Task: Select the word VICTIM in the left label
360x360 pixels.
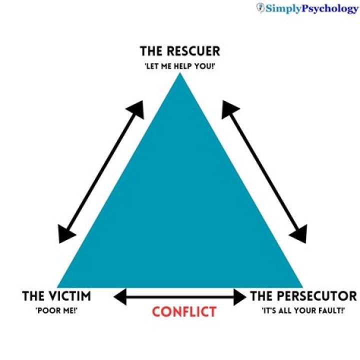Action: click(70, 296)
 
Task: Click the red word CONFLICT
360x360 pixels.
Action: click(184, 312)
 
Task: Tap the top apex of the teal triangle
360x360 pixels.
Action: click(180, 74)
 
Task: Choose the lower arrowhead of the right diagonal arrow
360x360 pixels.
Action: click(300, 235)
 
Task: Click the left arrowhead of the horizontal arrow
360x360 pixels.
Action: click(119, 297)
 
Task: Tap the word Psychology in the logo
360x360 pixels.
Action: click(330, 8)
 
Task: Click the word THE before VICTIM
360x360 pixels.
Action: click(33, 296)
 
